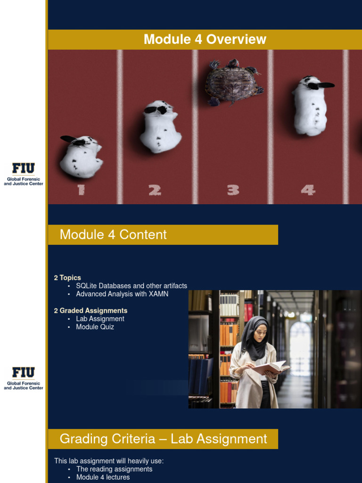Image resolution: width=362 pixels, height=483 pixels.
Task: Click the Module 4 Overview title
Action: [x=205, y=40]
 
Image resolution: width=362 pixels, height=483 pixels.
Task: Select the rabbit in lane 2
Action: [x=160, y=126]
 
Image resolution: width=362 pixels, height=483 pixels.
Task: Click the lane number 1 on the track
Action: [x=81, y=190]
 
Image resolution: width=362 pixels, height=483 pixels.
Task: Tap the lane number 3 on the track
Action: [x=233, y=190]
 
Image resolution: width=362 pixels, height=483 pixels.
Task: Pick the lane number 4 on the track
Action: [x=308, y=190]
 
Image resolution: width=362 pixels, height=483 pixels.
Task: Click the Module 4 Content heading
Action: [x=113, y=235]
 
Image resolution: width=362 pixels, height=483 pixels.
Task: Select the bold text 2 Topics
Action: [x=67, y=278]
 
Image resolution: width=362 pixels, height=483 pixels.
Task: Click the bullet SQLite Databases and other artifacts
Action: [x=131, y=286]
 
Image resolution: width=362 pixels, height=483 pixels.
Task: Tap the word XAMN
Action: [x=158, y=294]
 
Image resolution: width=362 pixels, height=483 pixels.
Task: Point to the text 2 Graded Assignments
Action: [x=90, y=311]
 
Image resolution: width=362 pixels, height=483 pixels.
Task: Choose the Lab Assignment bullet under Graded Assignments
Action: [x=100, y=319]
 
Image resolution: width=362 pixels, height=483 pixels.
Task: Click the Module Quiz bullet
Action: [x=95, y=327]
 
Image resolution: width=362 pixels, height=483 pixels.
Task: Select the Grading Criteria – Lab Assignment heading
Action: [x=163, y=439]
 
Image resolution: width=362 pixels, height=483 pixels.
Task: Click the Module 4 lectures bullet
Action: [x=103, y=477]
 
